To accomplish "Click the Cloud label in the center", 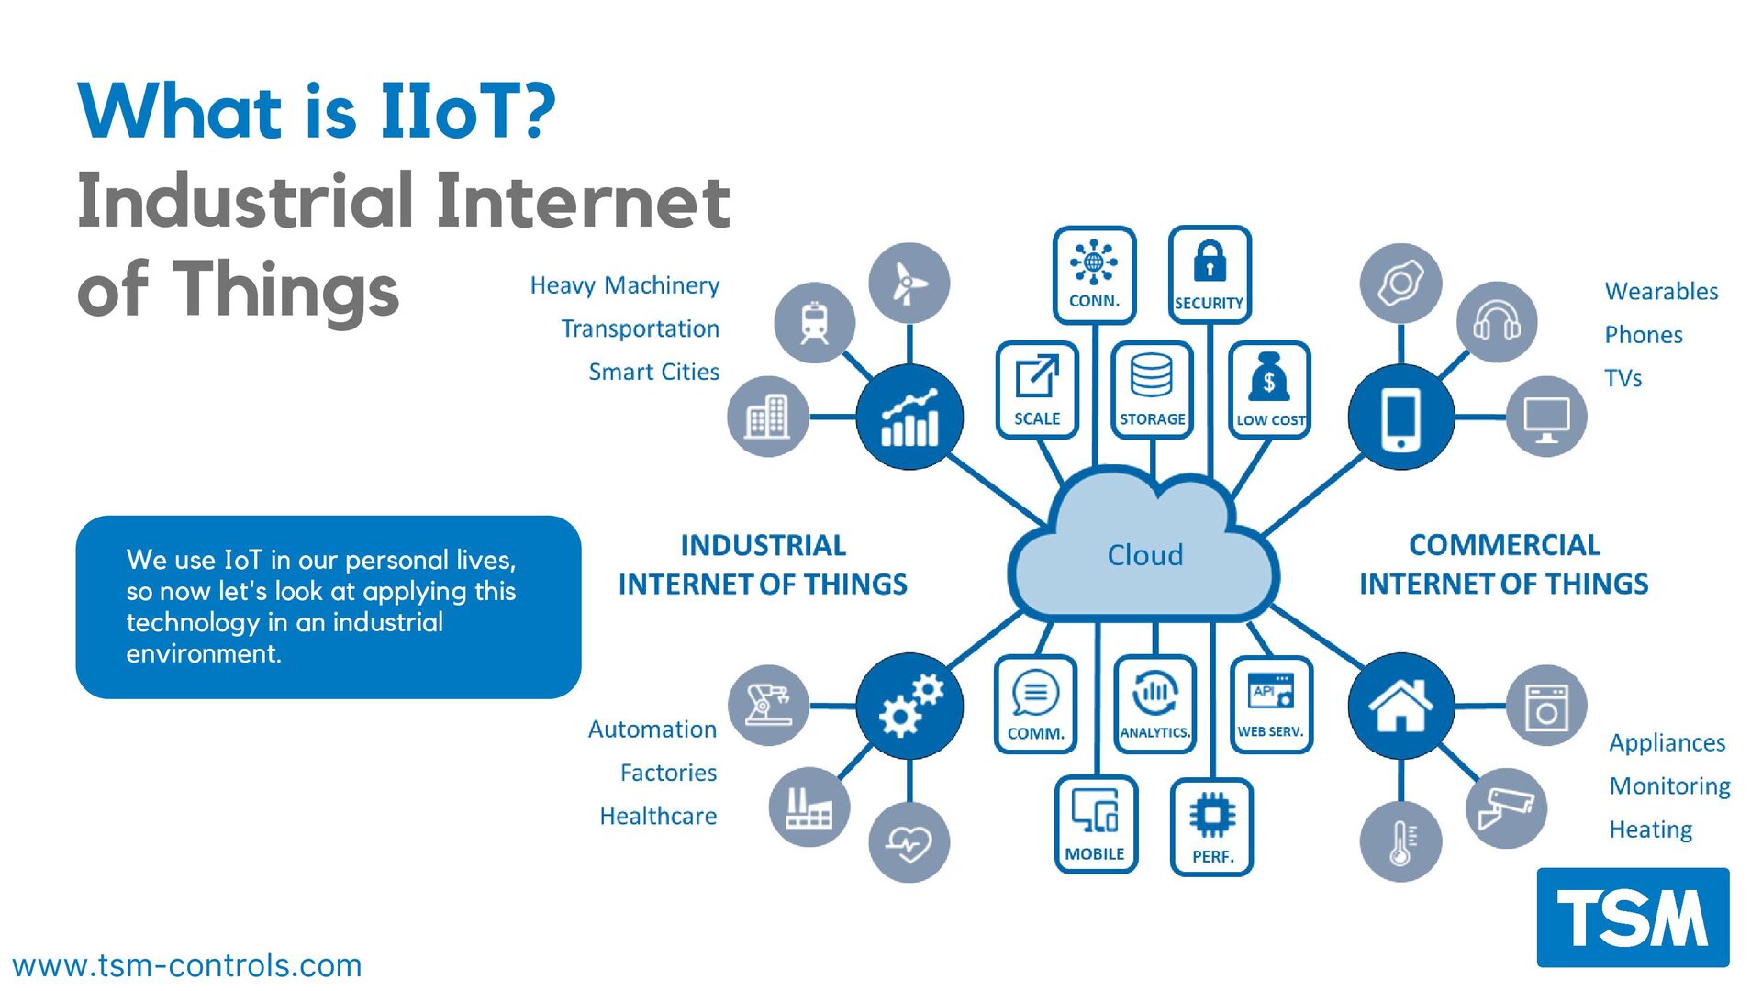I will (x=1144, y=555).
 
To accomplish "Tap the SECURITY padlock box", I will (x=1209, y=275).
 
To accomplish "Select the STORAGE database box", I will (x=1152, y=389).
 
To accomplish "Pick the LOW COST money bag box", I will (x=1269, y=389).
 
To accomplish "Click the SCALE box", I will (x=1037, y=389).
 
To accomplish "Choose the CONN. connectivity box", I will (x=1094, y=275).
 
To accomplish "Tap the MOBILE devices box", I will (x=1095, y=824).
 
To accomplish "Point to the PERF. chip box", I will (x=1211, y=826).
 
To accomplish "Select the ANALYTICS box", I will (x=1154, y=704).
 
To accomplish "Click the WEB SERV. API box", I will (x=1270, y=704).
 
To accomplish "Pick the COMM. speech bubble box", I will (x=1036, y=704).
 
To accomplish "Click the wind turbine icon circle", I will (x=909, y=283).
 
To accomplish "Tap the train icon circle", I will (x=814, y=322).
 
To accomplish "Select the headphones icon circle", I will (x=1497, y=322).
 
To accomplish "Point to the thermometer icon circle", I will (x=1400, y=841).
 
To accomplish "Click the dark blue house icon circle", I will (x=1400, y=706).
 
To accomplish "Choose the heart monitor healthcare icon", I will (x=909, y=842).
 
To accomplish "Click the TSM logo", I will (x=1633, y=917).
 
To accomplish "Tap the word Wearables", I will (x=1661, y=292).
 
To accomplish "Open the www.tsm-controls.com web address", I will (x=187, y=965).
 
